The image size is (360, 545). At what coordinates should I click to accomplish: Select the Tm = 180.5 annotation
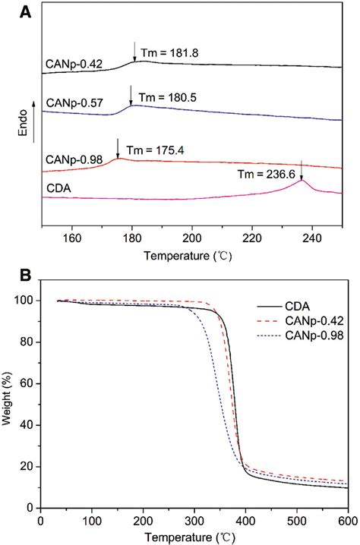pos(172,97)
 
